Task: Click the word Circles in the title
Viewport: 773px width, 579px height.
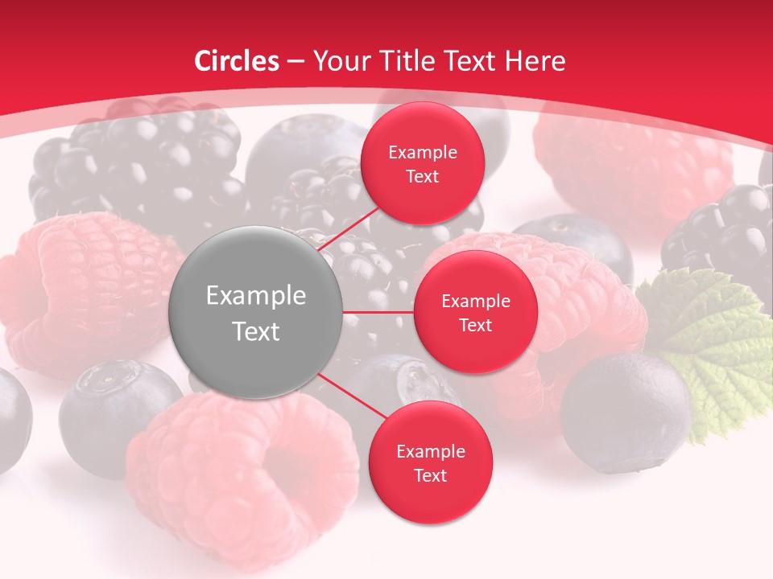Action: point(237,61)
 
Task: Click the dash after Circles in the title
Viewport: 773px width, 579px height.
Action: point(296,62)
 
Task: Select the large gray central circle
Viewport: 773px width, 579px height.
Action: point(256,312)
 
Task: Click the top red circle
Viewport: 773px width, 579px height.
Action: point(422,163)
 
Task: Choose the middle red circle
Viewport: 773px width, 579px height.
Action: point(475,312)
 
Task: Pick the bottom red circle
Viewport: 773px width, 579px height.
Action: point(430,462)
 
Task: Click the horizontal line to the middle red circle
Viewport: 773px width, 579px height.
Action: point(378,312)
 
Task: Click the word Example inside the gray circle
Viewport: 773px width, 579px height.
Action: point(256,296)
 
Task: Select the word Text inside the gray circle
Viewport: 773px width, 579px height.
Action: point(256,331)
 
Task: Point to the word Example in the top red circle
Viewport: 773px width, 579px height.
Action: point(423,152)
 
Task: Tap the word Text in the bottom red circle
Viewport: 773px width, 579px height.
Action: point(430,475)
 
